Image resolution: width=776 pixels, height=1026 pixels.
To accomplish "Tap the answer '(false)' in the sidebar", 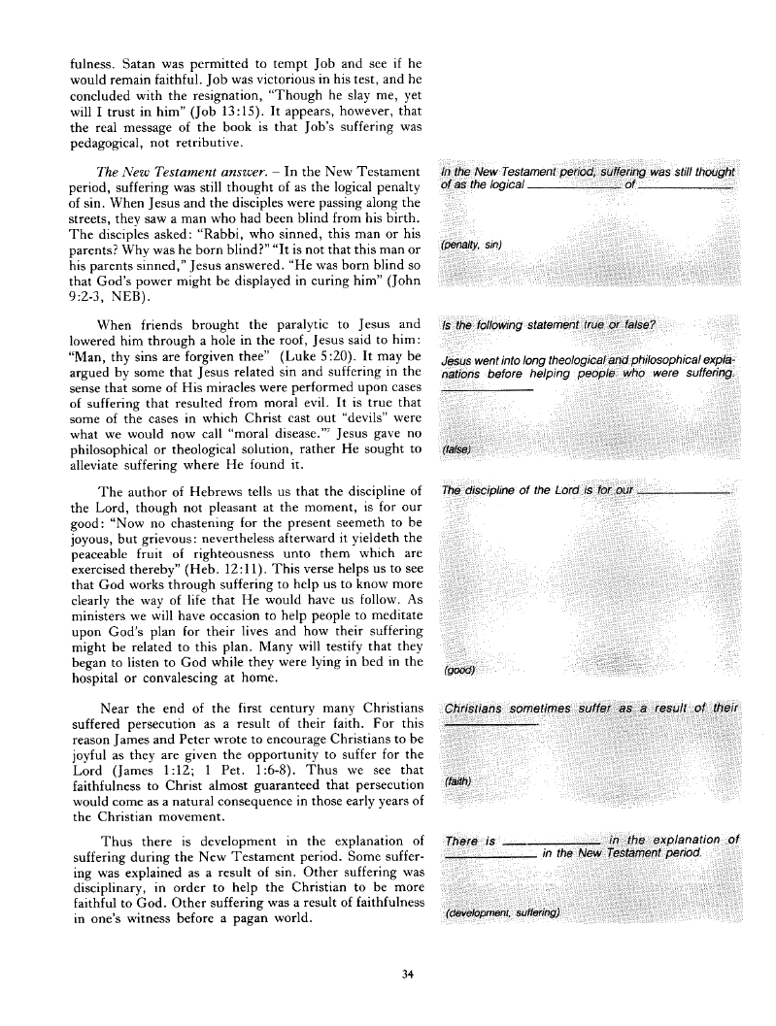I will coord(455,450).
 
